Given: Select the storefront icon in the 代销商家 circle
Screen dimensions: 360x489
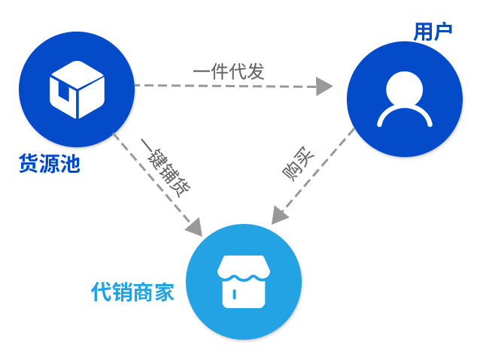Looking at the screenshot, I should click(244, 281).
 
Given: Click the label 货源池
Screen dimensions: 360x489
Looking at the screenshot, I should click(50, 163).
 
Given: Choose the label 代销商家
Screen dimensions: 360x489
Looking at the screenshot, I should click(132, 292).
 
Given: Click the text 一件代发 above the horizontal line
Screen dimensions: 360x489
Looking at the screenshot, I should click(229, 72).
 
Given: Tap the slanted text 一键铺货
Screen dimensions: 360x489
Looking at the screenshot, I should click(166, 170).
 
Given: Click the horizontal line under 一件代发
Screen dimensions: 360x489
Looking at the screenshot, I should click(226, 86).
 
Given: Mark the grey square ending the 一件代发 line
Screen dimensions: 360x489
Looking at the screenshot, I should click(323, 86).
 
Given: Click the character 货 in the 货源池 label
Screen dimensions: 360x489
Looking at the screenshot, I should click(29, 163).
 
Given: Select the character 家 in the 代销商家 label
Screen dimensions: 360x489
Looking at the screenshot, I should click(164, 292).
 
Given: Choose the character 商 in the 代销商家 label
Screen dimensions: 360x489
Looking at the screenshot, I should click(143, 292).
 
